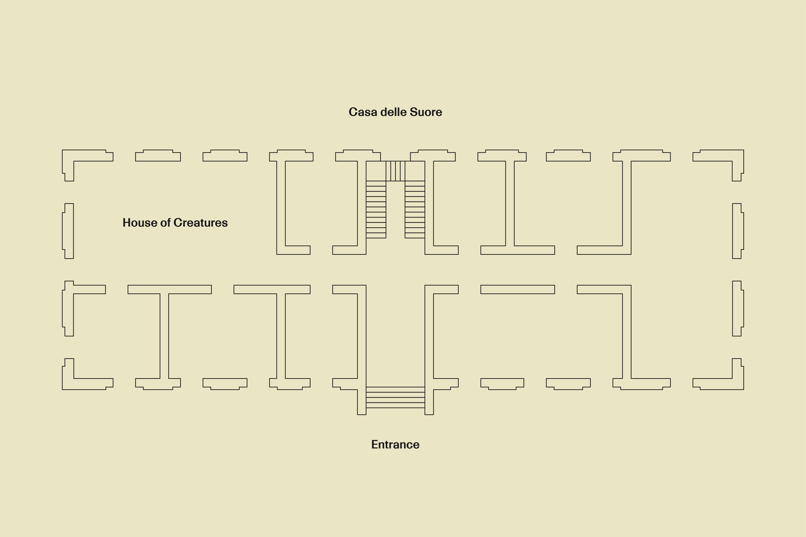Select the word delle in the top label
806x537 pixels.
(x=393, y=112)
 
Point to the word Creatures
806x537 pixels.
(x=200, y=223)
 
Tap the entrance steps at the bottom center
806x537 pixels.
(x=395, y=397)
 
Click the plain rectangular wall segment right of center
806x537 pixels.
(x=517, y=289)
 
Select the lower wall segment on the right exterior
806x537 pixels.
(x=737, y=308)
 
